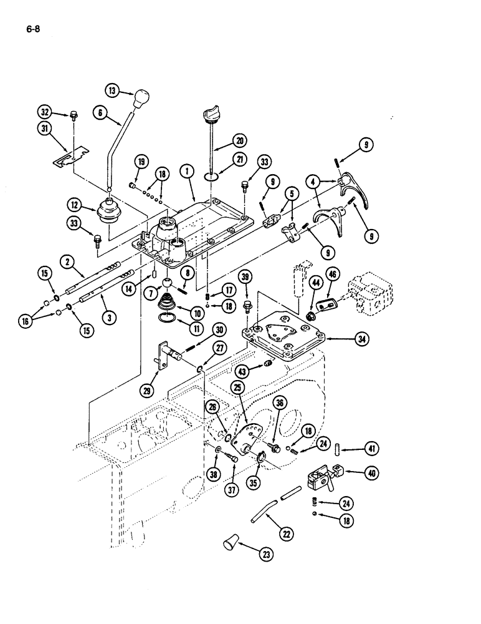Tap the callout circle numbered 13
click(x=112, y=90)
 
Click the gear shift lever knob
click(x=142, y=97)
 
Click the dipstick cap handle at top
click(x=209, y=117)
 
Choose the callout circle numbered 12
click(x=75, y=205)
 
